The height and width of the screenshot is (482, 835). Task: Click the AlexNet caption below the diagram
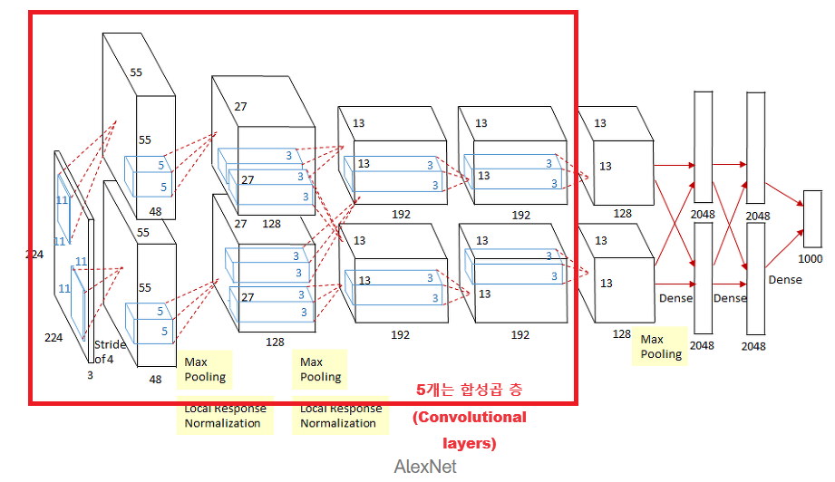425,467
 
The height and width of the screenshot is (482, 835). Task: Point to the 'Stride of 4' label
110,352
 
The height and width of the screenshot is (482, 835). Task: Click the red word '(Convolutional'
470,417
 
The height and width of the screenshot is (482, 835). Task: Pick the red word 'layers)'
470,444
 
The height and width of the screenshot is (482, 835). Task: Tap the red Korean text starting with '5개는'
470,390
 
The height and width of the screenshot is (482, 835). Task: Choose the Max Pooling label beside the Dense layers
661,346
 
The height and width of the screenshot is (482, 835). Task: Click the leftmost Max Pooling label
205,369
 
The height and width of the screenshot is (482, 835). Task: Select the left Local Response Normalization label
223,416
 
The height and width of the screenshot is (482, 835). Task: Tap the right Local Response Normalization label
340,416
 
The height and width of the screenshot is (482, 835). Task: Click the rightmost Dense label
785,280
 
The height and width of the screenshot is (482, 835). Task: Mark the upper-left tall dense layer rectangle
703,147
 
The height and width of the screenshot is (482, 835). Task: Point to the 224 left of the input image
35,255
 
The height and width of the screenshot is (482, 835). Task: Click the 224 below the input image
53,337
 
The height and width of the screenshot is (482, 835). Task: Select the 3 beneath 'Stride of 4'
90,373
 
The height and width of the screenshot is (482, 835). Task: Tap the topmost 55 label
136,72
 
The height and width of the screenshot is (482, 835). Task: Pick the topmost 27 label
240,107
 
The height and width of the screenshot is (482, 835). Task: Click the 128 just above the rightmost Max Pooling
621,334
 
